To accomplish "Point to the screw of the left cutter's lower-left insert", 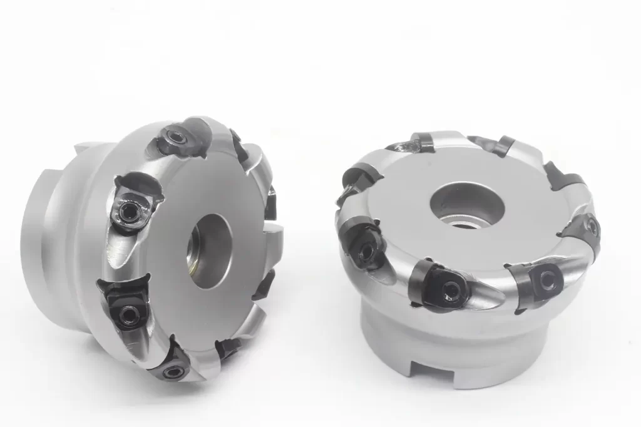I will click(x=128, y=311).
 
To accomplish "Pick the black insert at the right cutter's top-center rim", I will click(x=498, y=146).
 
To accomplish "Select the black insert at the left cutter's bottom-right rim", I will click(x=228, y=347).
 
